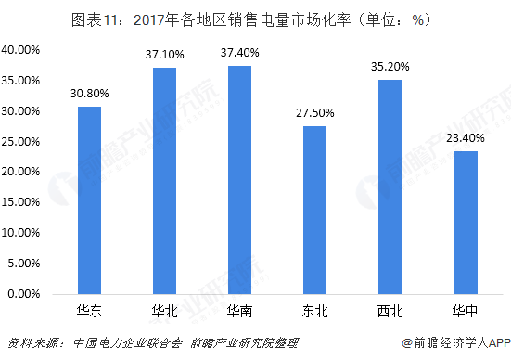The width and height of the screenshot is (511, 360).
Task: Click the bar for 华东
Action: click(x=89, y=199)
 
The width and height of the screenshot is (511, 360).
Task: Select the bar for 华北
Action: click(x=165, y=180)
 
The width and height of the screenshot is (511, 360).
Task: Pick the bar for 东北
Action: click(x=315, y=210)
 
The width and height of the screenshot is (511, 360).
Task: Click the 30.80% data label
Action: click(x=89, y=93)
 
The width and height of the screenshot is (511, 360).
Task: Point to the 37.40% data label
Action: click(x=240, y=53)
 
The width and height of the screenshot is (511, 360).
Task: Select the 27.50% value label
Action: click(x=315, y=113)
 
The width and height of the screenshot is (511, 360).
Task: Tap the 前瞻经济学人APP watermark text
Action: click(x=457, y=342)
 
